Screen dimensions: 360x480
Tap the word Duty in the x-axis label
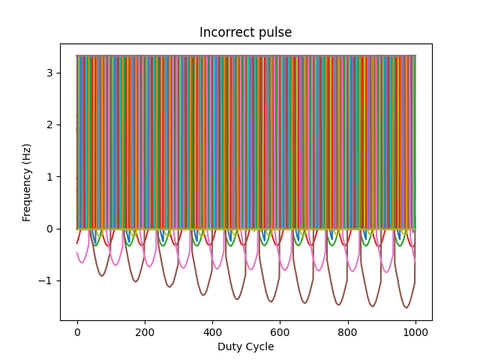pyautogui.click(x=229, y=346)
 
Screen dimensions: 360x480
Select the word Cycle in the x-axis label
pyautogui.click(x=259, y=346)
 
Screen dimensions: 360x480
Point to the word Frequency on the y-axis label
pyautogui.click(x=27, y=193)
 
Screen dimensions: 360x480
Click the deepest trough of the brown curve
pyautogui.click(x=406, y=307)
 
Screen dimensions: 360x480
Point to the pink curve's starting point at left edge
pyautogui.click(x=77, y=253)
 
